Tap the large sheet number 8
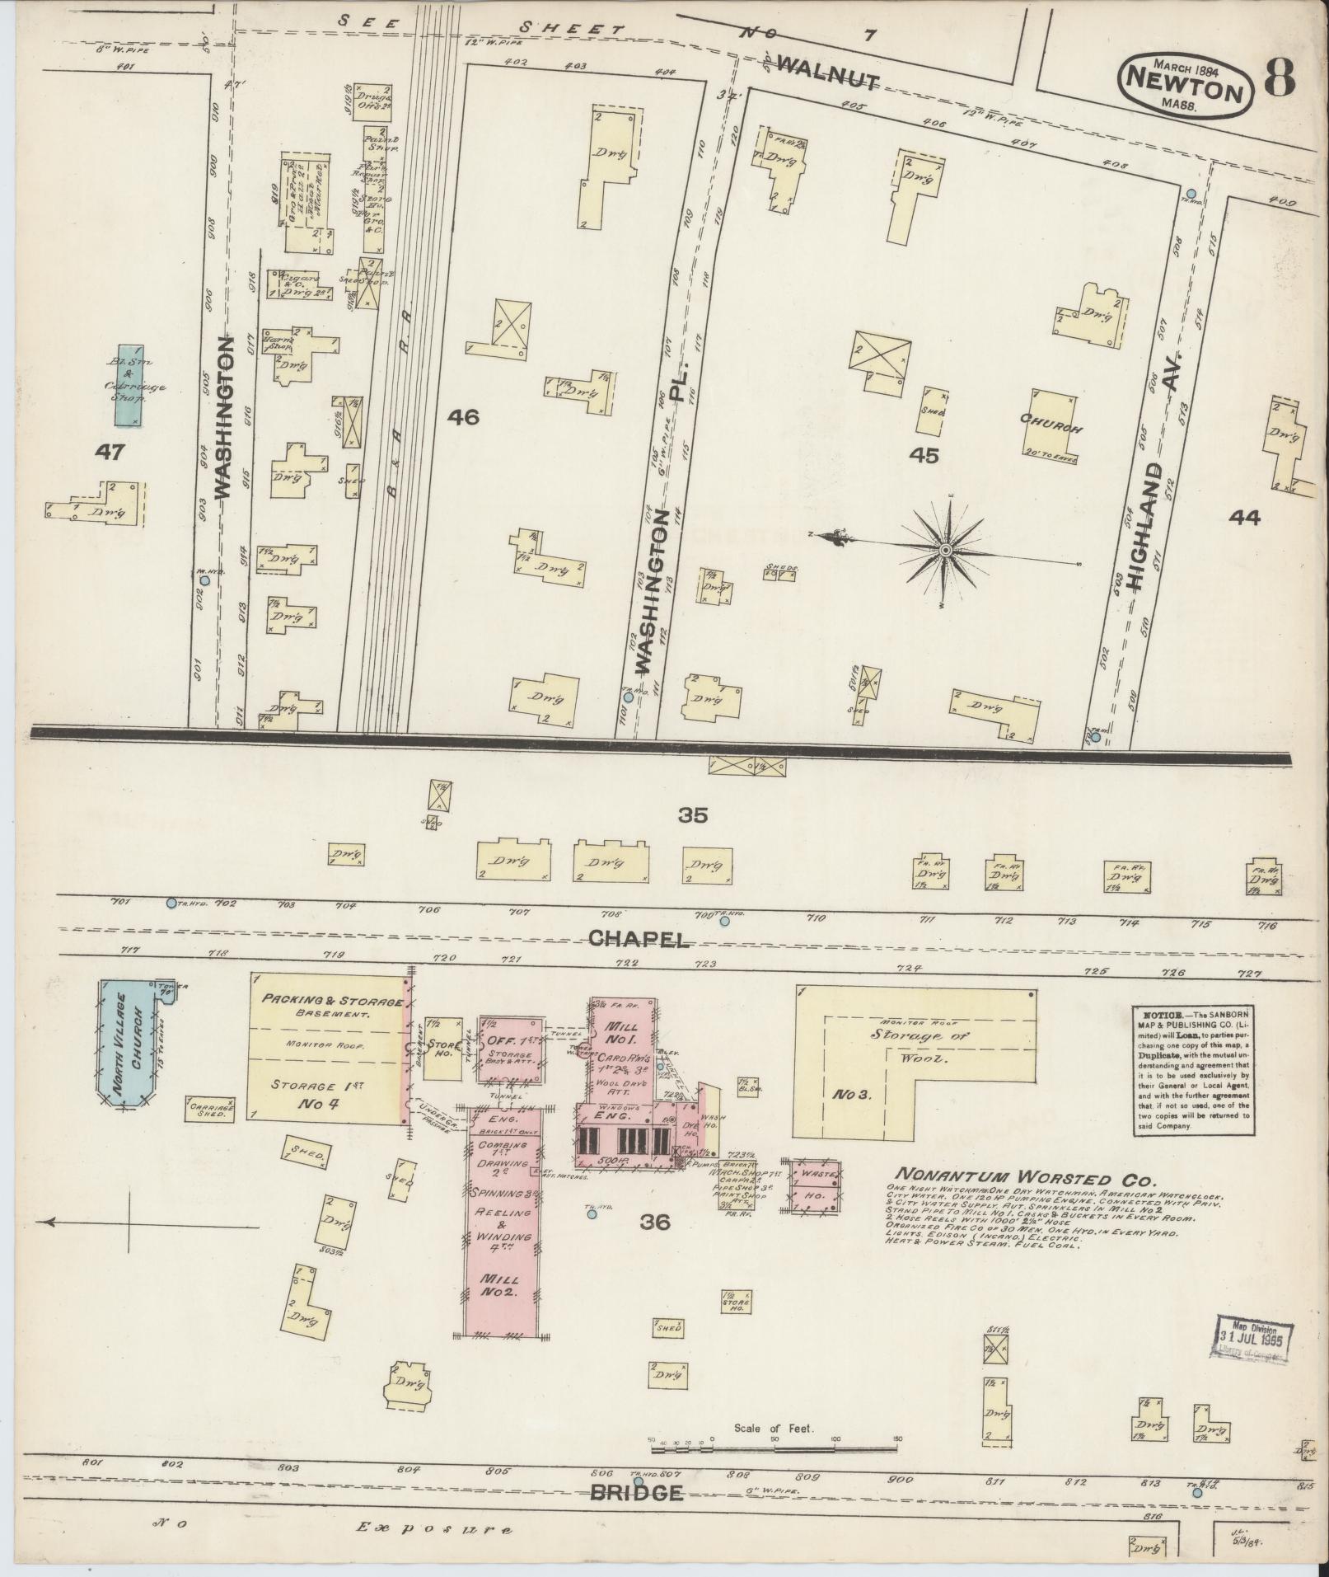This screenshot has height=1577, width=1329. tap(1279, 78)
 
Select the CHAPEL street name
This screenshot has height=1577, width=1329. tap(639, 939)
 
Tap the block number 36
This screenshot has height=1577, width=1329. tap(656, 1222)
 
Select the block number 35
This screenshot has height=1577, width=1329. tap(693, 815)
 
